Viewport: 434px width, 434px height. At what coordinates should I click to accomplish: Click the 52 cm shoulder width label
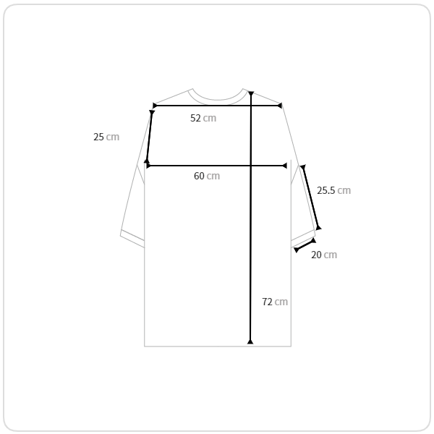click(x=203, y=118)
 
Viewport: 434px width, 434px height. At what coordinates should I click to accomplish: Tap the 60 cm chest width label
click(x=207, y=176)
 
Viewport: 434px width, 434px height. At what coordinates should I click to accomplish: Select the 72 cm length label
click(x=275, y=302)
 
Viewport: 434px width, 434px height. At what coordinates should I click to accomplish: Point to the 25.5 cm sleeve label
click(x=333, y=190)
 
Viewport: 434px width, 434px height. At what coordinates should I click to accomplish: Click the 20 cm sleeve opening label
click(x=324, y=255)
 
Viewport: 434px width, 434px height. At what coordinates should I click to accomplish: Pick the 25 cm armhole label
click(x=106, y=137)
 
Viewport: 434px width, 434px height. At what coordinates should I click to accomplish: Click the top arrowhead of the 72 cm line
click(x=251, y=94)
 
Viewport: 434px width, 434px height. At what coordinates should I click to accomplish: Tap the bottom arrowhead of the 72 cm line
click(x=250, y=341)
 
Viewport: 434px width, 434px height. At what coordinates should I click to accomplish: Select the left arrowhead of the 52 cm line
click(x=155, y=106)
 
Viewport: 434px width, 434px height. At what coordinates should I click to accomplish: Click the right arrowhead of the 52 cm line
click(x=279, y=106)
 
